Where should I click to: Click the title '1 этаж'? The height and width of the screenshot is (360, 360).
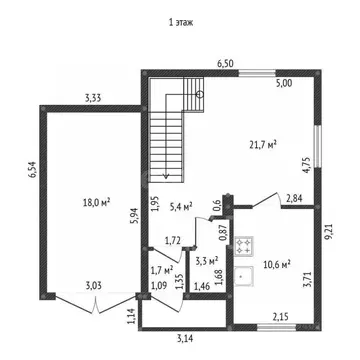(180, 23)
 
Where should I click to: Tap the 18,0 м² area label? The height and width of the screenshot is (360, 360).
(97, 202)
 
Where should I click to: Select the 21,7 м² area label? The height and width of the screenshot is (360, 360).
(264, 144)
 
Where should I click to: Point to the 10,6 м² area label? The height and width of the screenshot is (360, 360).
(277, 264)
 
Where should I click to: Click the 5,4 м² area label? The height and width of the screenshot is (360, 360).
(181, 207)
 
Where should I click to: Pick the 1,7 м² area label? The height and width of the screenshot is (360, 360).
(162, 269)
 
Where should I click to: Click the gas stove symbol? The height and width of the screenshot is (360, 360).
(244, 246)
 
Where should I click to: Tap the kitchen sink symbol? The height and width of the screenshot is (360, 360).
(244, 276)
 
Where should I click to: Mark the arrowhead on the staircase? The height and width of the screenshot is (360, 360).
(166, 176)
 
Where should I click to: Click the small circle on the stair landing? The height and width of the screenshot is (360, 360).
(200, 94)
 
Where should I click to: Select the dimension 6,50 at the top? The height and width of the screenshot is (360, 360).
(225, 64)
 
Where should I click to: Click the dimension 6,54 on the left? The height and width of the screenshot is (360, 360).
(33, 170)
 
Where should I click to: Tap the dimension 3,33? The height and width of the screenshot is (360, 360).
(93, 98)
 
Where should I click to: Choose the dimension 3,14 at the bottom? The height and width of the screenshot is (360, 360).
(185, 339)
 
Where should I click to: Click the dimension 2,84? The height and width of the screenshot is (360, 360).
(294, 199)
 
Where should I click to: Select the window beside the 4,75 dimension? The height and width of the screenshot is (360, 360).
(318, 146)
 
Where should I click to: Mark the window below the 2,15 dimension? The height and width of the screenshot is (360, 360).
(277, 328)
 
